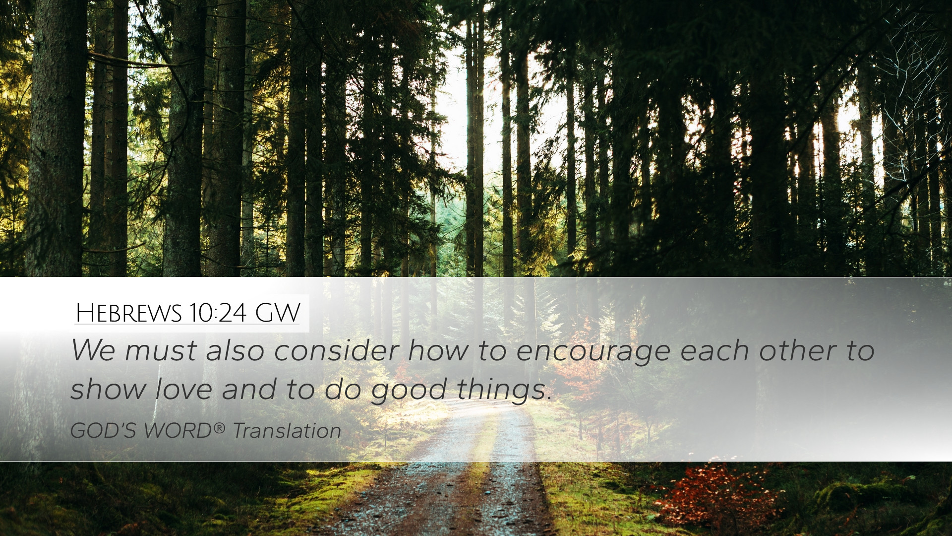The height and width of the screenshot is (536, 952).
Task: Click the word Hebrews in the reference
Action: (x=129, y=313)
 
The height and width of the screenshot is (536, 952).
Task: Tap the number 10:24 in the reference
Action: (x=218, y=313)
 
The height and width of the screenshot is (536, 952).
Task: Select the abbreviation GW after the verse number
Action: (x=278, y=313)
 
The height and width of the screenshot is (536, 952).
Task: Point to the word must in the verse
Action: (x=161, y=351)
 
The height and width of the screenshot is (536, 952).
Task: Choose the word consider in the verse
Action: (x=337, y=350)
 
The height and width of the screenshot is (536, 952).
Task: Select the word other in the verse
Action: (x=798, y=350)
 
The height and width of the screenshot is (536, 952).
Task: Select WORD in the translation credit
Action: (x=178, y=430)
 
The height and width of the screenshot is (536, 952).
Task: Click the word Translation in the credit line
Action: (x=287, y=430)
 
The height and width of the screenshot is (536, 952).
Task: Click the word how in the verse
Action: (x=438, y=350)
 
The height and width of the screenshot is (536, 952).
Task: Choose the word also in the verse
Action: (x=236, y=350)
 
